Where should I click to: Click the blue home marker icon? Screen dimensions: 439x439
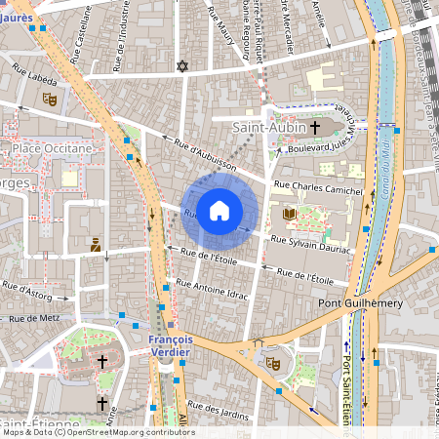[x=219, y=210]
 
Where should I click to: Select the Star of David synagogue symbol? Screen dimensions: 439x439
[x=180, y=66]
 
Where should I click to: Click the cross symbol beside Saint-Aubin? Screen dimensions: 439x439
[x=315, y=127]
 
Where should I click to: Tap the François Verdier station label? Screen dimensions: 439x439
[x=171, y=345]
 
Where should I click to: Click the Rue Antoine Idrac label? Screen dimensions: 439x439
[x=213, y=289]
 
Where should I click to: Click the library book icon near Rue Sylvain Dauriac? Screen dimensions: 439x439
[x=289, y=214]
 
